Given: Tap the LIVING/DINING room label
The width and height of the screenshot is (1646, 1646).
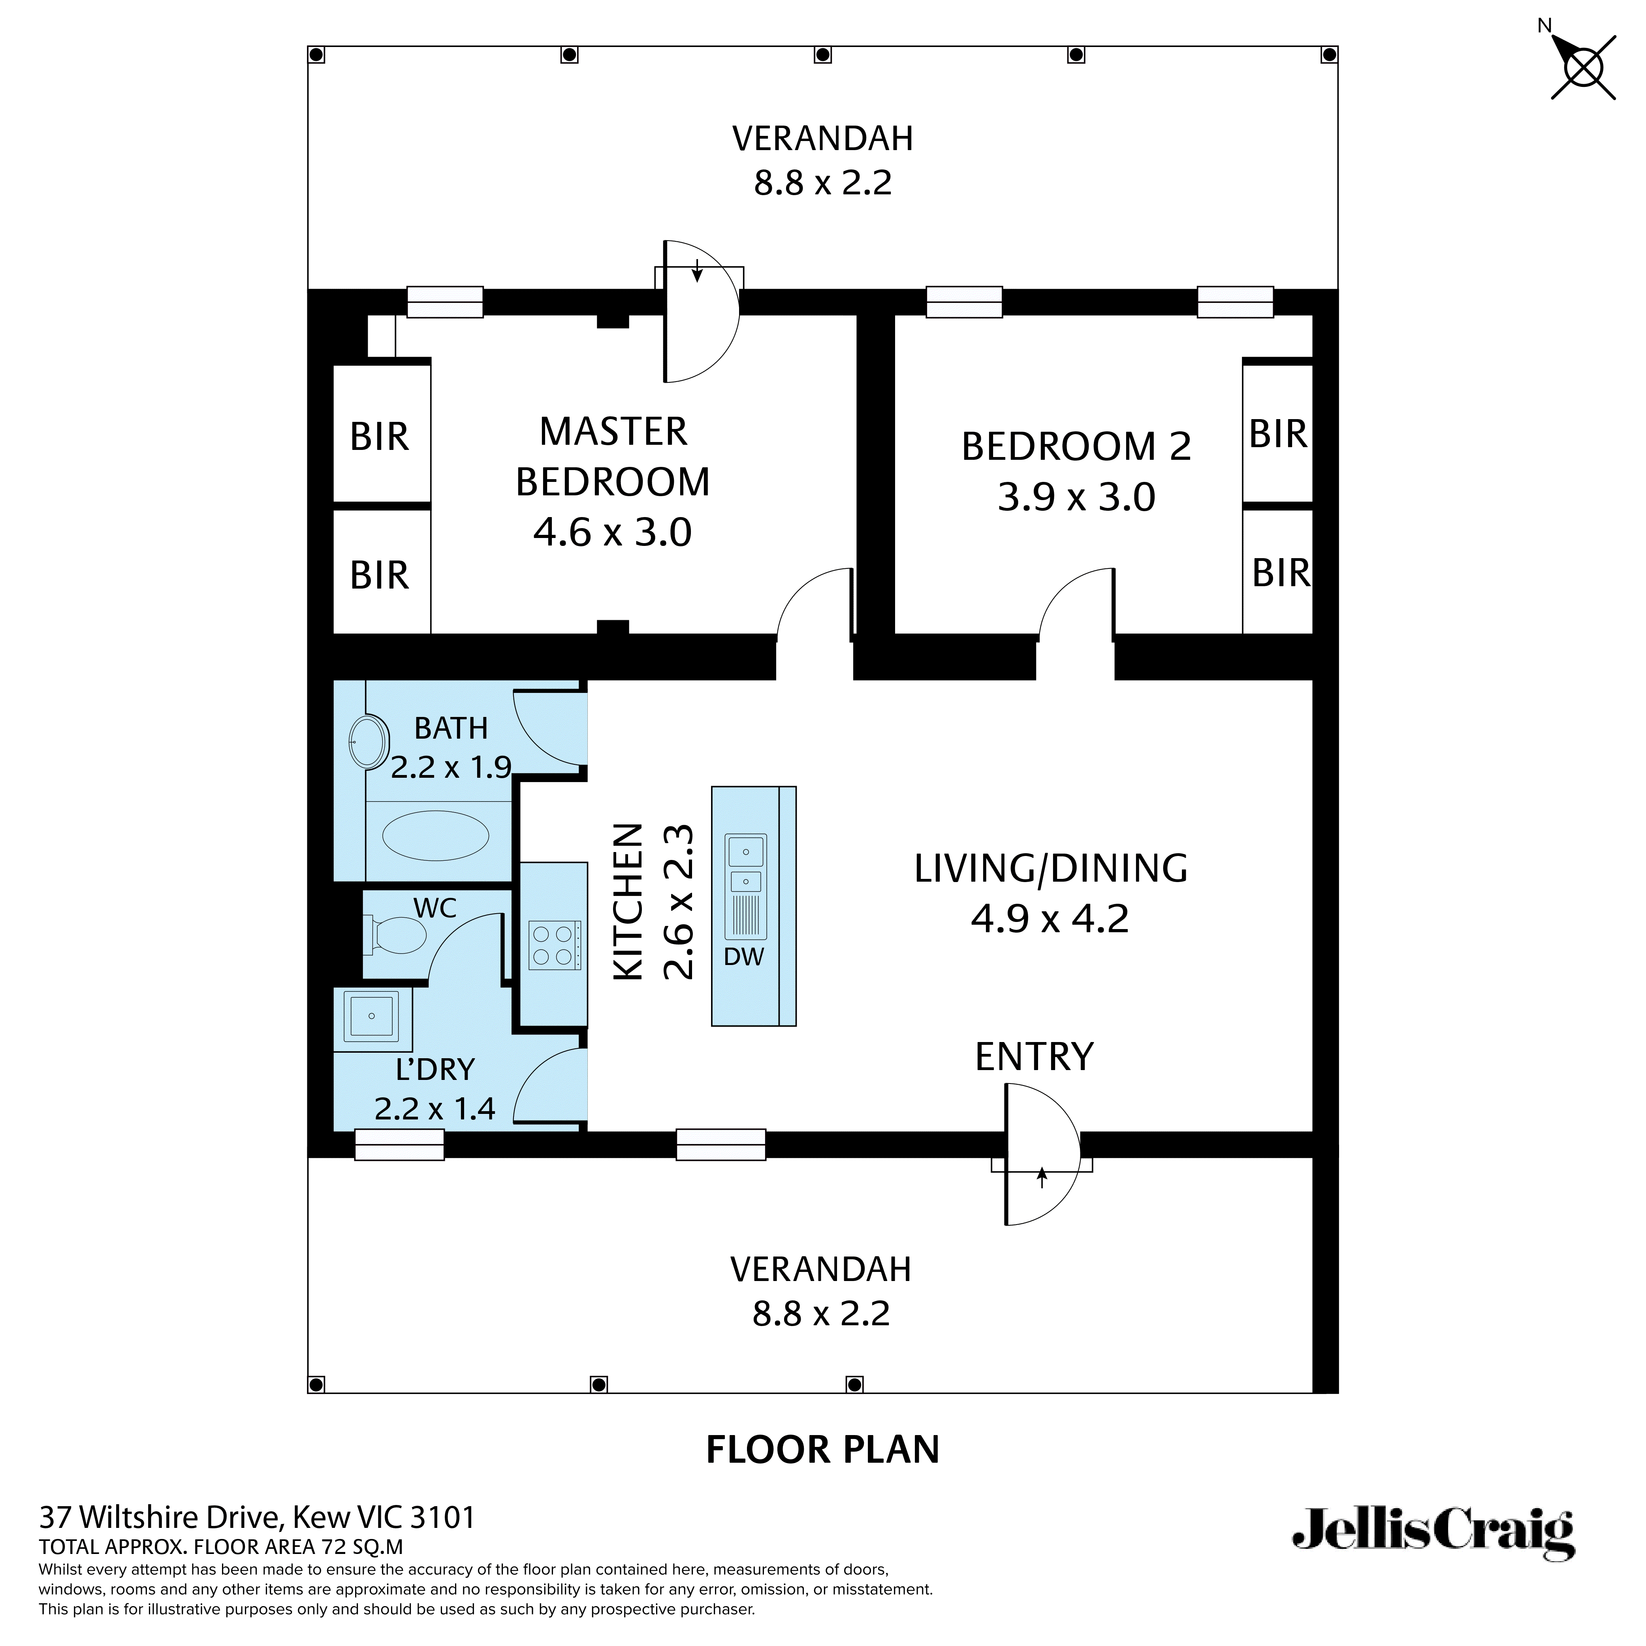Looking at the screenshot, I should tap(1050, 868).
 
